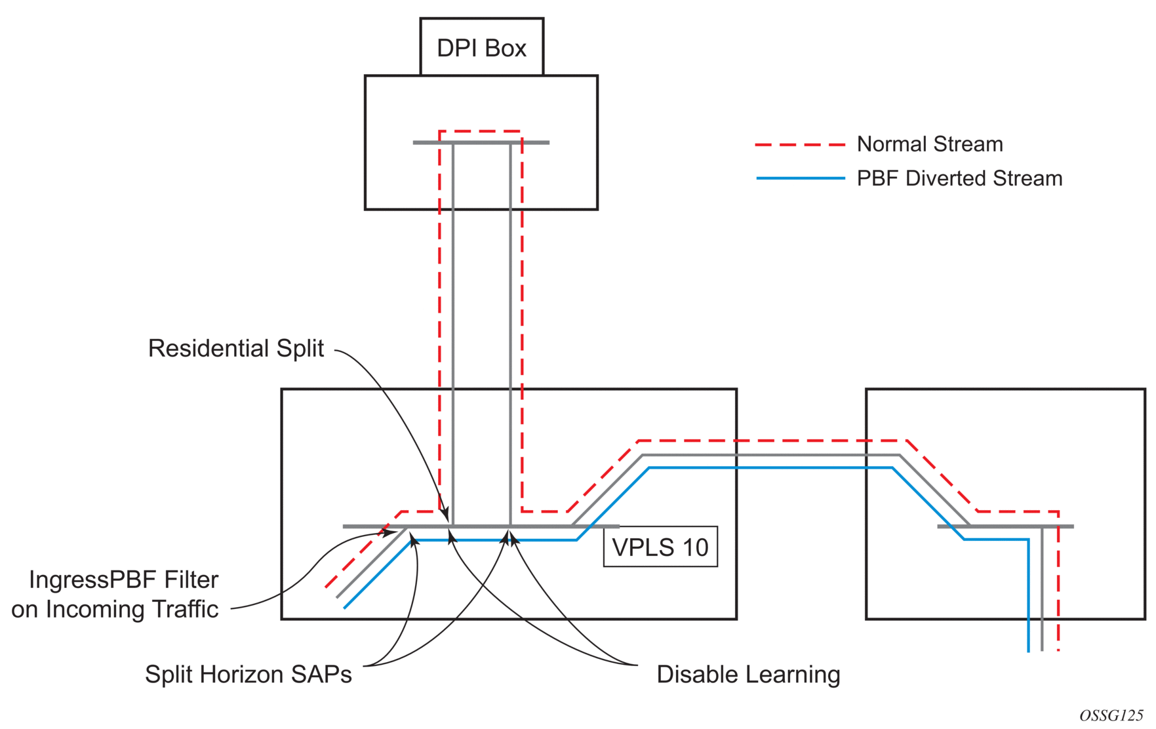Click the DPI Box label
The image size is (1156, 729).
coord(481,48)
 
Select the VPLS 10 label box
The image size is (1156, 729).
coord(660,547)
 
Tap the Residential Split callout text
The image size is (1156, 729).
coord(235,348)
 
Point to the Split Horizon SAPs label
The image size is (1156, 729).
coord(248,674)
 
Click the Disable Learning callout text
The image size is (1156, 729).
coord(748,674)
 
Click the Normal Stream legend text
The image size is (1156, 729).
coord(930,144)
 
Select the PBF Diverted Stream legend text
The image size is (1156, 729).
coord(959,178)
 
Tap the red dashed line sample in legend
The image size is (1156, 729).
coord(800,144)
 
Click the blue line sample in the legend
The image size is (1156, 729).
coord(800,178)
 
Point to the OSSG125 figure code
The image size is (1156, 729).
coord(1111,715)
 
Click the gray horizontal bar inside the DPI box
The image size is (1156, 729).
coord(481,142)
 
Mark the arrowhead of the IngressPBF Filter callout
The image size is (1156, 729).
coord(390,533)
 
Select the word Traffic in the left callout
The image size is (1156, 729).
coord(185,609)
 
